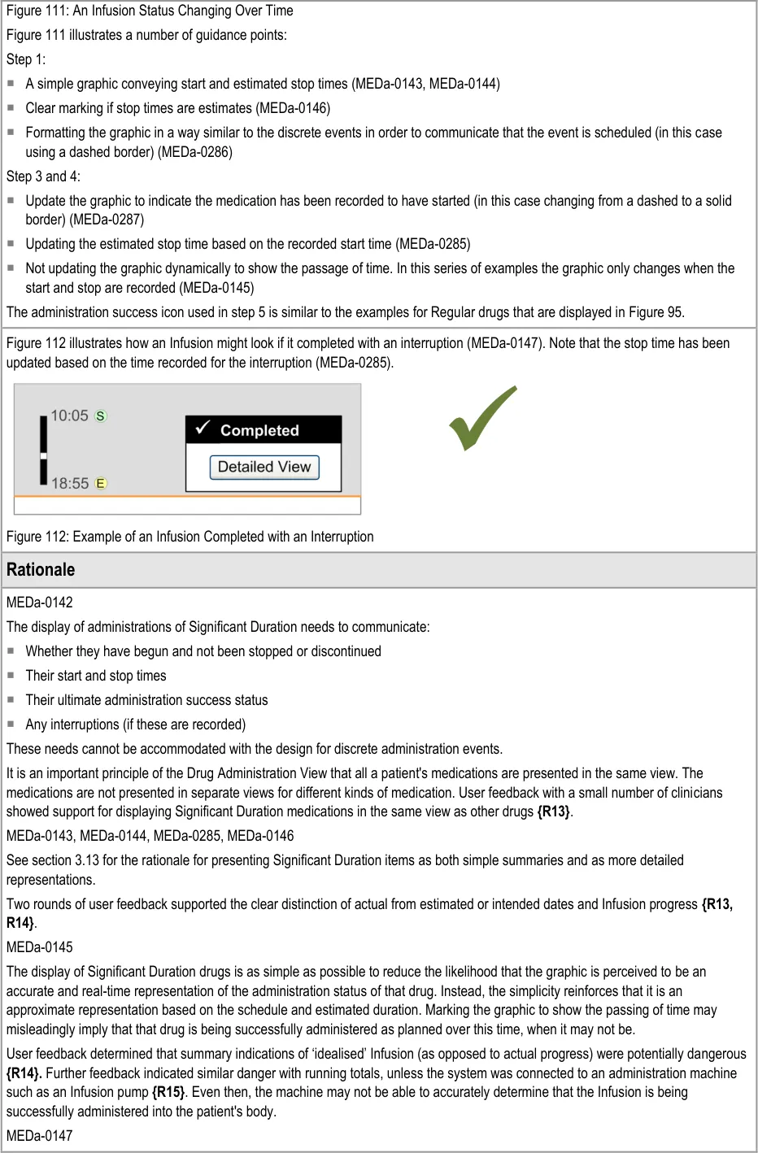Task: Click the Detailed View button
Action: click(x=264, y=467)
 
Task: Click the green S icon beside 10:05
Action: click(x=101, y=416)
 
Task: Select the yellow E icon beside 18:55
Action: click(x=101, y=483)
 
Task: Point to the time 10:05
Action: click(x=69, y=416)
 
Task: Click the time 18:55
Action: click(x=70, y=483)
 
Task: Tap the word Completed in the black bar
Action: click(x=259, y=430)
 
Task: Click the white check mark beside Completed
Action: click(x=203, y=428)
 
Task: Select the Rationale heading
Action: click(x=41, y=570)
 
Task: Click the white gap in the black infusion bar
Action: click(x=43, y=455)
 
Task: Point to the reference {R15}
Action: click(x=168, y=1092)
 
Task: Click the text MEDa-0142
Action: click(x=40, y=603)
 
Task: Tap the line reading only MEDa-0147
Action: click(x=40, y=1136)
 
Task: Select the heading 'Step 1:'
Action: click(x=26, y=59)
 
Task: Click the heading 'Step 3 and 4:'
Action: click(x=43, y=176)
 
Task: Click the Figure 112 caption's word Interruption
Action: click(x=342, y=537)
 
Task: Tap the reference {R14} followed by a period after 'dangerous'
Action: click(x=24, y=1073)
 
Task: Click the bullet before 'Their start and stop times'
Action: click(x=11, y=676)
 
